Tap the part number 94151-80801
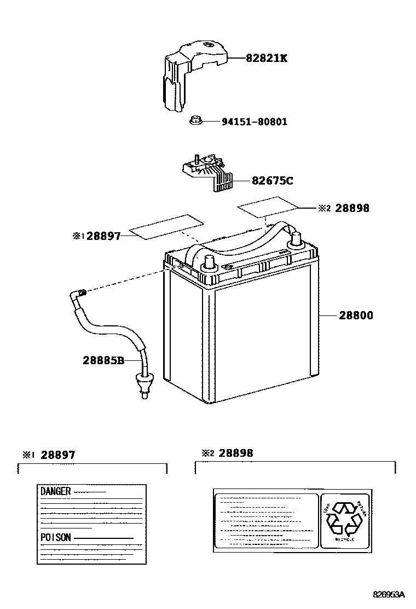(254, 122)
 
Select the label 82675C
(272, 180)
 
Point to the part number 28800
(356, 315)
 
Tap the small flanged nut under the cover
(196, 120)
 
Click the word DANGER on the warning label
(55, 491)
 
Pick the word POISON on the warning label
(55, 537)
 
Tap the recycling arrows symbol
(344, 518)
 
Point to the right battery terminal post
(296, 239)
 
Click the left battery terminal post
(209, 263)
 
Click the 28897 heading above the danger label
(57, 455)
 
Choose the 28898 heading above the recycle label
(236, 453)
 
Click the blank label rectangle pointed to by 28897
(166, 227)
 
